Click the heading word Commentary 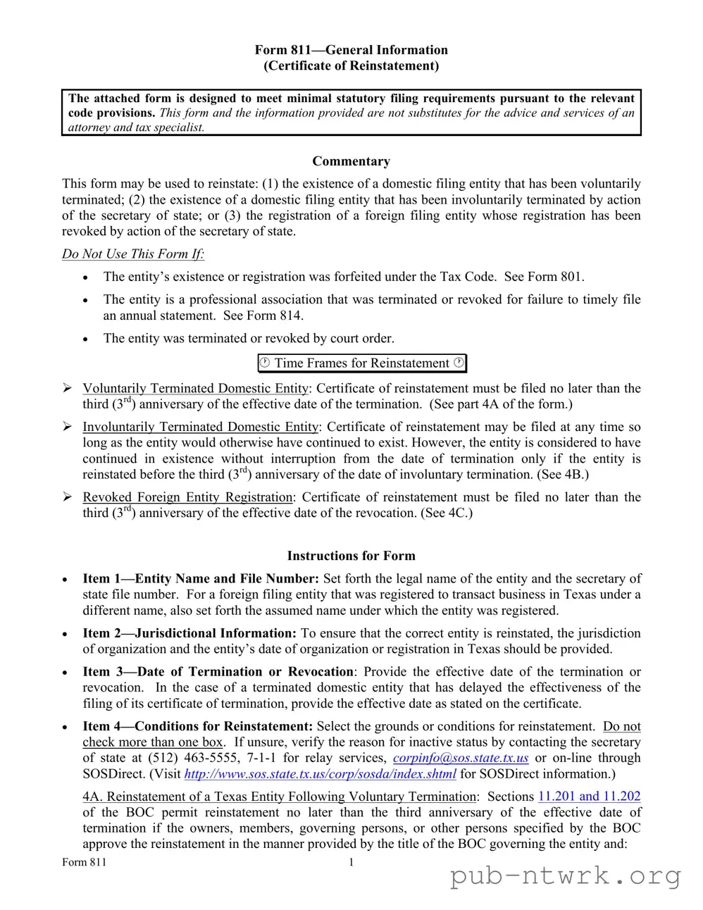click(x=351, y=161)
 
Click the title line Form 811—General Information click(x=351, y=50)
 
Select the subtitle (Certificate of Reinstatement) click(x=351, y=66)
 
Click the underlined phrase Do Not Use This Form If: click(x=133, y=254)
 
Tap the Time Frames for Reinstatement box click(x=362, y=363)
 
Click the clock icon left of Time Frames click(x=265, y=363)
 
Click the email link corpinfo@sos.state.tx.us click(x=461, y=758)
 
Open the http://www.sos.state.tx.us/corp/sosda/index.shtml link click(x=320, y=774)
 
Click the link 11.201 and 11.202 click(x=589, y=797)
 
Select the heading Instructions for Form click(x=351, y=556)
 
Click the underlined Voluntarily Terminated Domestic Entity click(x=196, y=389)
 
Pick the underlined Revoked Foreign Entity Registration click(x=187, y=497)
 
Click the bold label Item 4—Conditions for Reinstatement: click(x=198, y=726)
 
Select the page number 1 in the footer click(x=351, y=862)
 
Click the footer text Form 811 click(x=85, y=862)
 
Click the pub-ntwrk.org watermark click(x=565, y=876)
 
